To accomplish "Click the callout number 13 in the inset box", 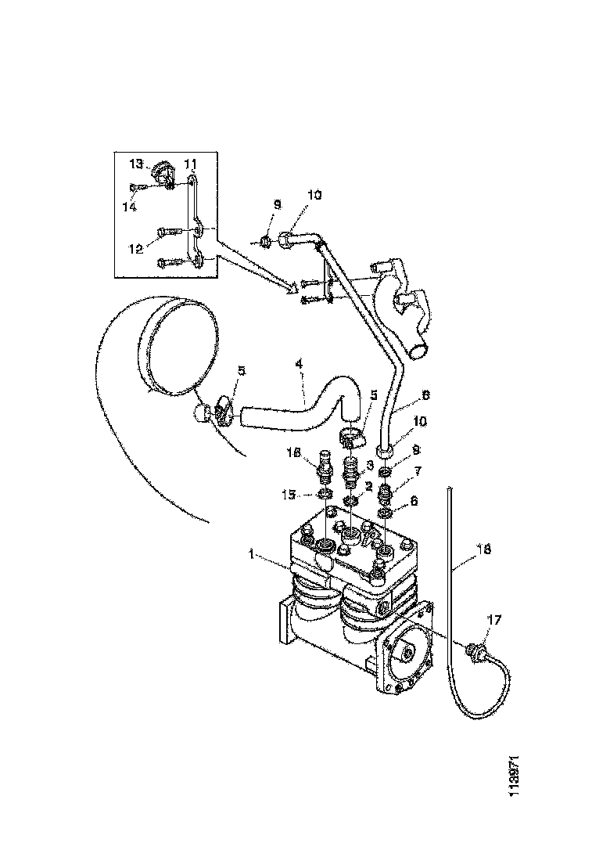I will tap(137, 164).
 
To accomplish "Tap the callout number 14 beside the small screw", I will tap(129, 207).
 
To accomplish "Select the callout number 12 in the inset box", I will tap(136, 248).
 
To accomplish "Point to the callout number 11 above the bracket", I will tap(190, 163).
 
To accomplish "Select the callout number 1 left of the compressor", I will tap(253, 554).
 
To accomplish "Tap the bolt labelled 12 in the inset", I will tap(170, 232).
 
